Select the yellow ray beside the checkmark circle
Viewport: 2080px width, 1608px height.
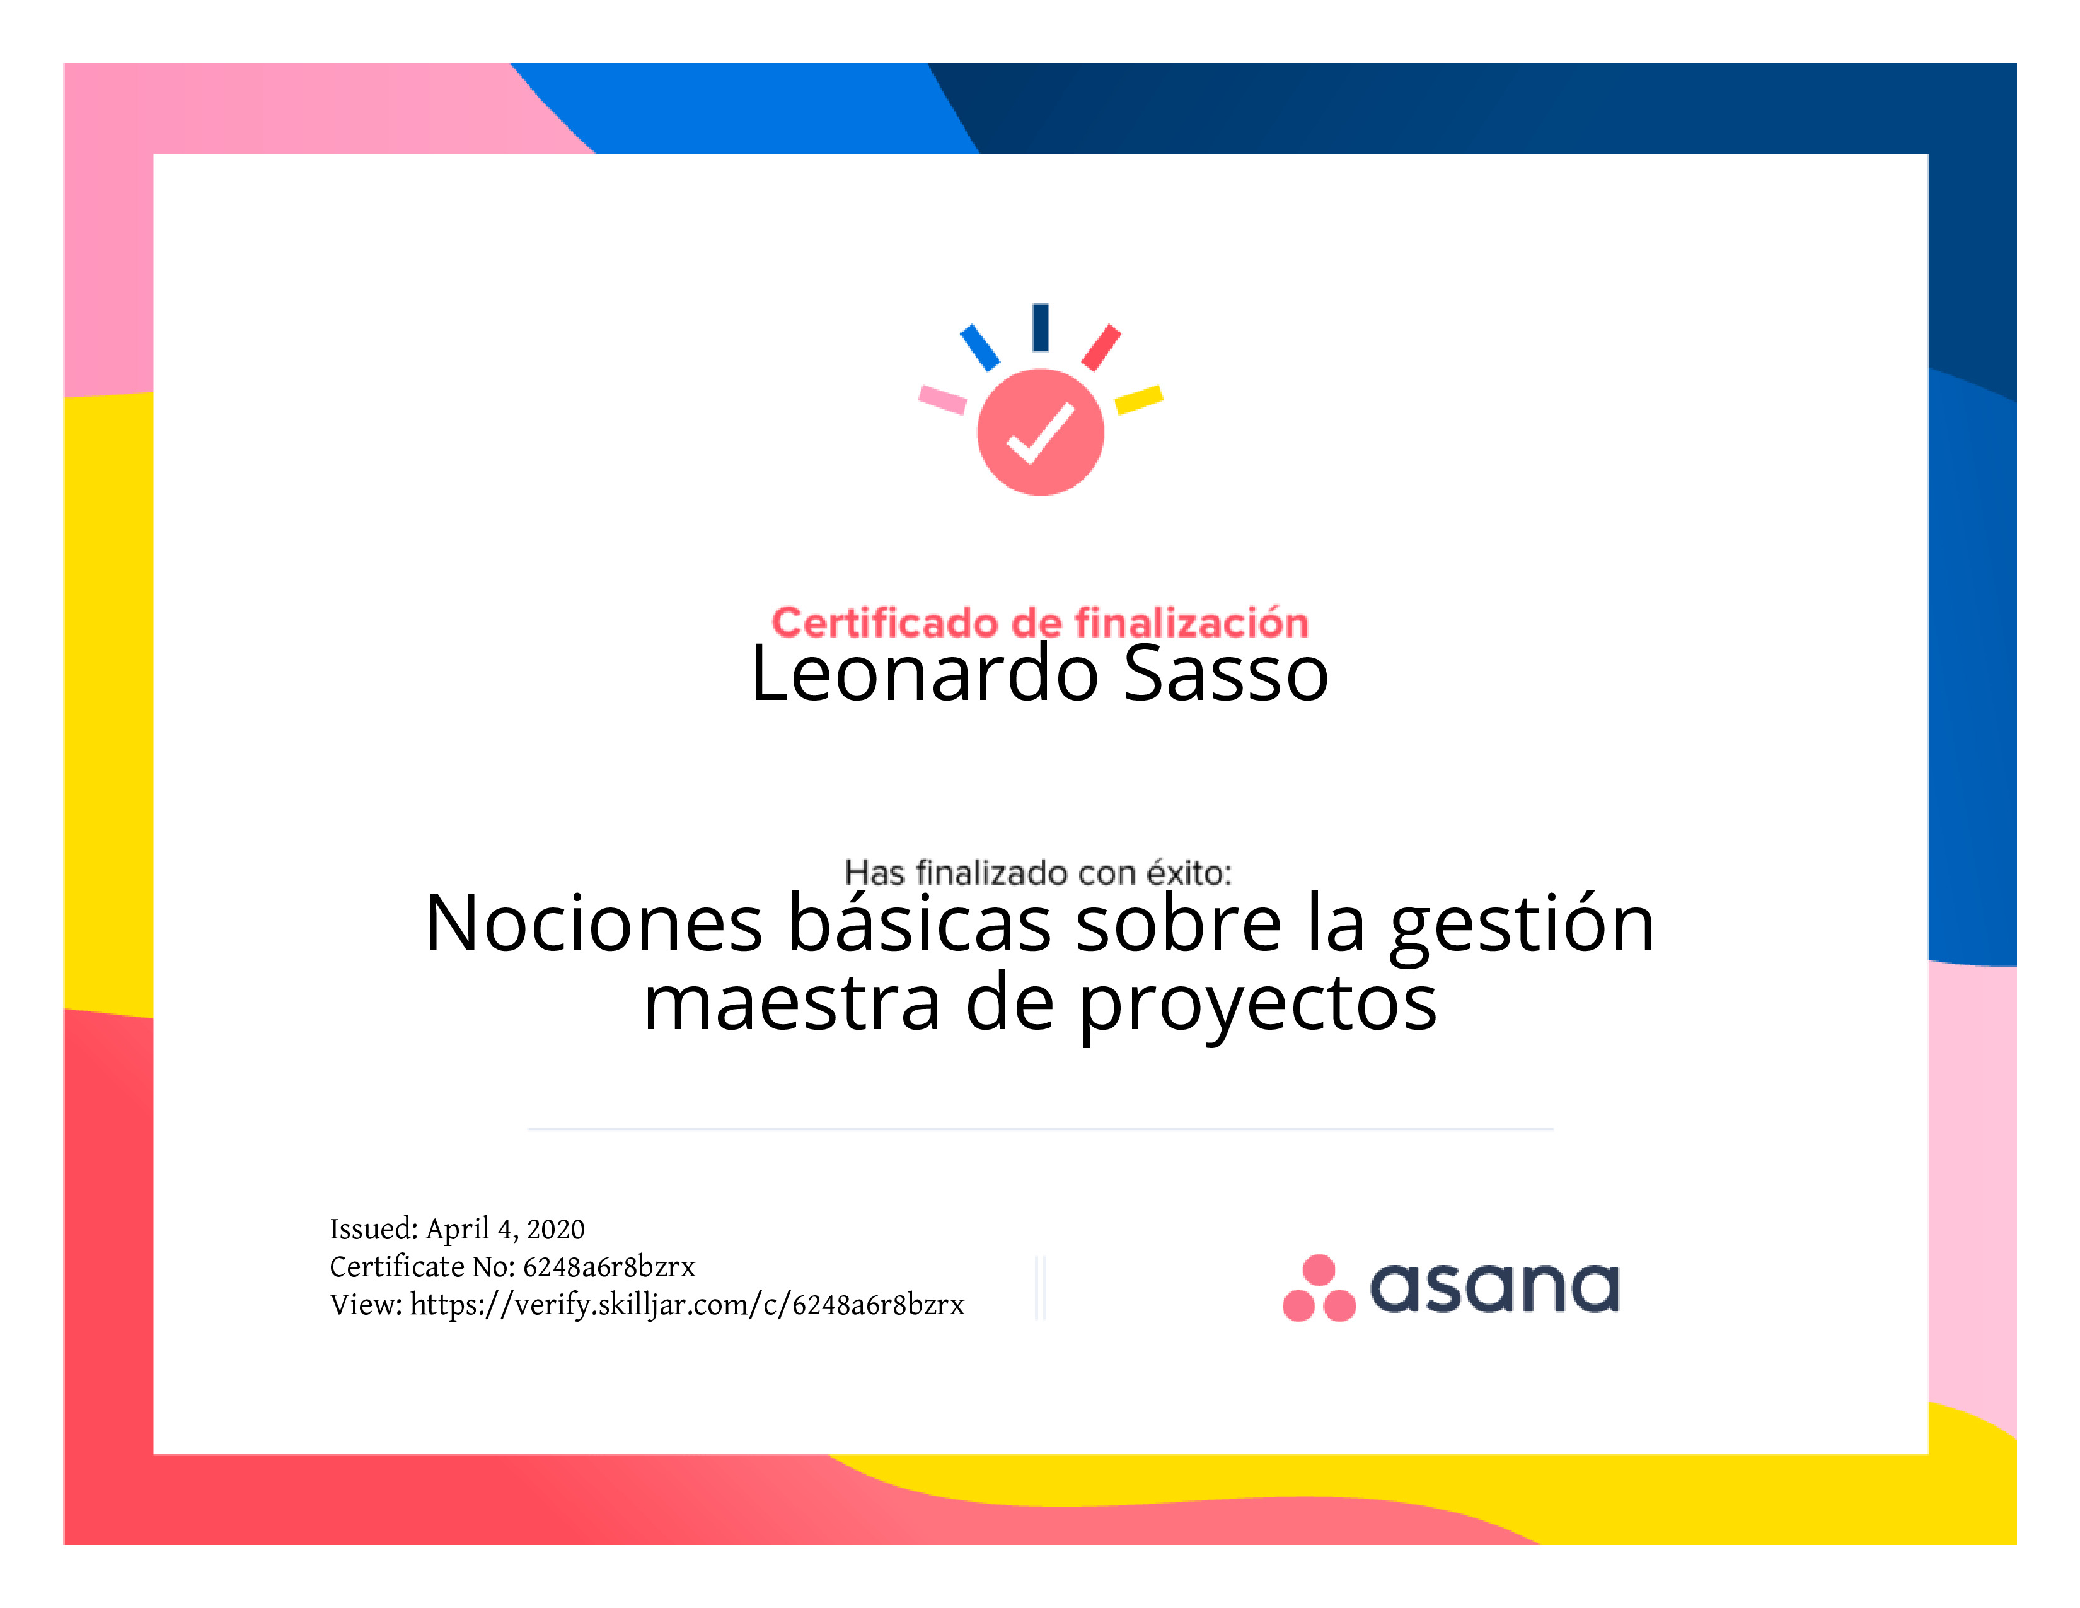point(1139,399)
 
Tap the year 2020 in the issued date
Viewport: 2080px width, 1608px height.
point(555,1229)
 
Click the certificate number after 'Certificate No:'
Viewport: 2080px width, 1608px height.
point(609,1267)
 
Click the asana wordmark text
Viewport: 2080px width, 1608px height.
point(1494,1288)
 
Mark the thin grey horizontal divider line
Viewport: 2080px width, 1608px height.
point(1040,1129)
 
